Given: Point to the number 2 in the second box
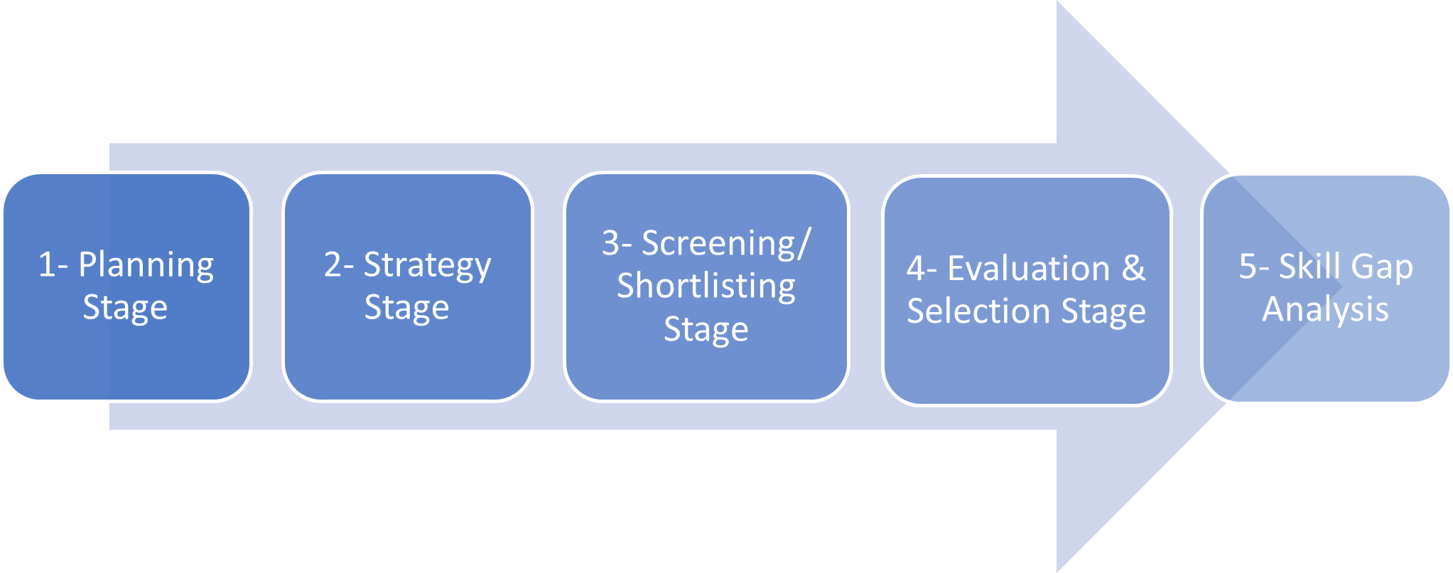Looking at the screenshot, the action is [333, 264].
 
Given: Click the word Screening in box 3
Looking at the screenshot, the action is [718, 245].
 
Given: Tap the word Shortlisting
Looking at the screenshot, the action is [706, 286].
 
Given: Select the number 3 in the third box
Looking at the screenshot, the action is [611, 243].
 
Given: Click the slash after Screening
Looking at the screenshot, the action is [804, 245].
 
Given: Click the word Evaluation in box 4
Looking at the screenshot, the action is [1029, 269].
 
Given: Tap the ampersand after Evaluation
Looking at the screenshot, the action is [1134, 269].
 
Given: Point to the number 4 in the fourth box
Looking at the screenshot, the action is [917, 269].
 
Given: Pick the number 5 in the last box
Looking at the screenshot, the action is [1248, 267].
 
